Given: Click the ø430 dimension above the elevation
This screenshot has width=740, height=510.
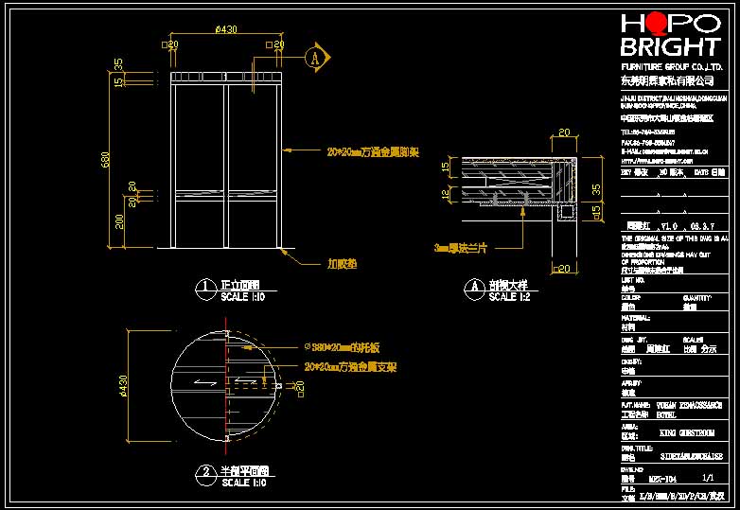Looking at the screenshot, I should [x=226, y=30].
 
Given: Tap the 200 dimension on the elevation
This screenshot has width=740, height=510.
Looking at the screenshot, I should [x=118, y=220].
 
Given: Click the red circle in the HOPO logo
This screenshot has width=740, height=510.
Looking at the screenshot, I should [x=654, y=25].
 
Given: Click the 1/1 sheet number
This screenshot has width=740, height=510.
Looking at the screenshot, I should [x=707, y=480].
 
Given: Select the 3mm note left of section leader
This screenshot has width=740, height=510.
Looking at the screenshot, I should [x=463, y=247].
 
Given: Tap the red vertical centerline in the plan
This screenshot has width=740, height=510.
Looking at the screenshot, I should [x=229, y=378].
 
